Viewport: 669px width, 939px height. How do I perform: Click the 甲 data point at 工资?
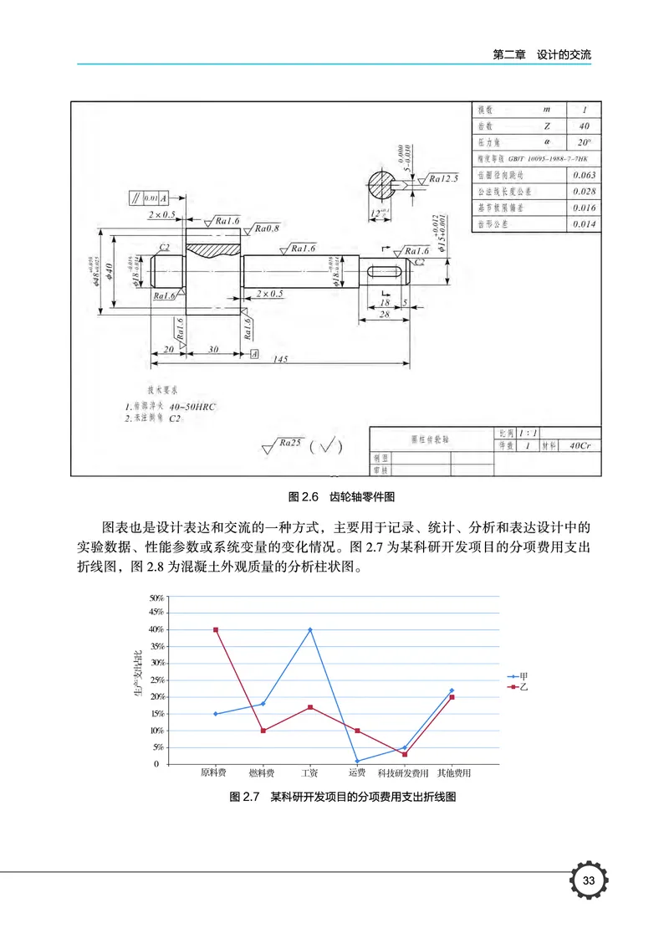pyautogui.click(x=310, y=629)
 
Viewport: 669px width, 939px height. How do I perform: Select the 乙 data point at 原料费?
pyautogui.click(x=216, y=629)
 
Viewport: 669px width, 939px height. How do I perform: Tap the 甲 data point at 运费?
pyautogui.click(x=357, y=761)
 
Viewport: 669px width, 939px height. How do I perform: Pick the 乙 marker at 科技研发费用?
pyautogui.click(x=405, y=754)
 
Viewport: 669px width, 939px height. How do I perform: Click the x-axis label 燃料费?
pyautogui.click(x=262, y=772)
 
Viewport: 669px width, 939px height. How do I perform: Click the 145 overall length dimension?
pyautogui.click(x=281, y=359)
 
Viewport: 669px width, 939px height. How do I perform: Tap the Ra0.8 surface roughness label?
pyautogui.click(x=268, y=228)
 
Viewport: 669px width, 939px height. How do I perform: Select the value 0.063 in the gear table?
pyautogui.click(x=585, y=175)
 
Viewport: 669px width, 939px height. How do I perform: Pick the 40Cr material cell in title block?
pyautogui.click(x=578, y=447)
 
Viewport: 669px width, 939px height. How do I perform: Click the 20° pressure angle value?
pyautogui.click(x=585, y=141)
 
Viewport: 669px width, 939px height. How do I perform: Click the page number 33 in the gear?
pyautogui.click(x=589, y=880)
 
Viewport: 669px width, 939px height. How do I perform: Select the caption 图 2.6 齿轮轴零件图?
pyautogui.click(x=335, y=496)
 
